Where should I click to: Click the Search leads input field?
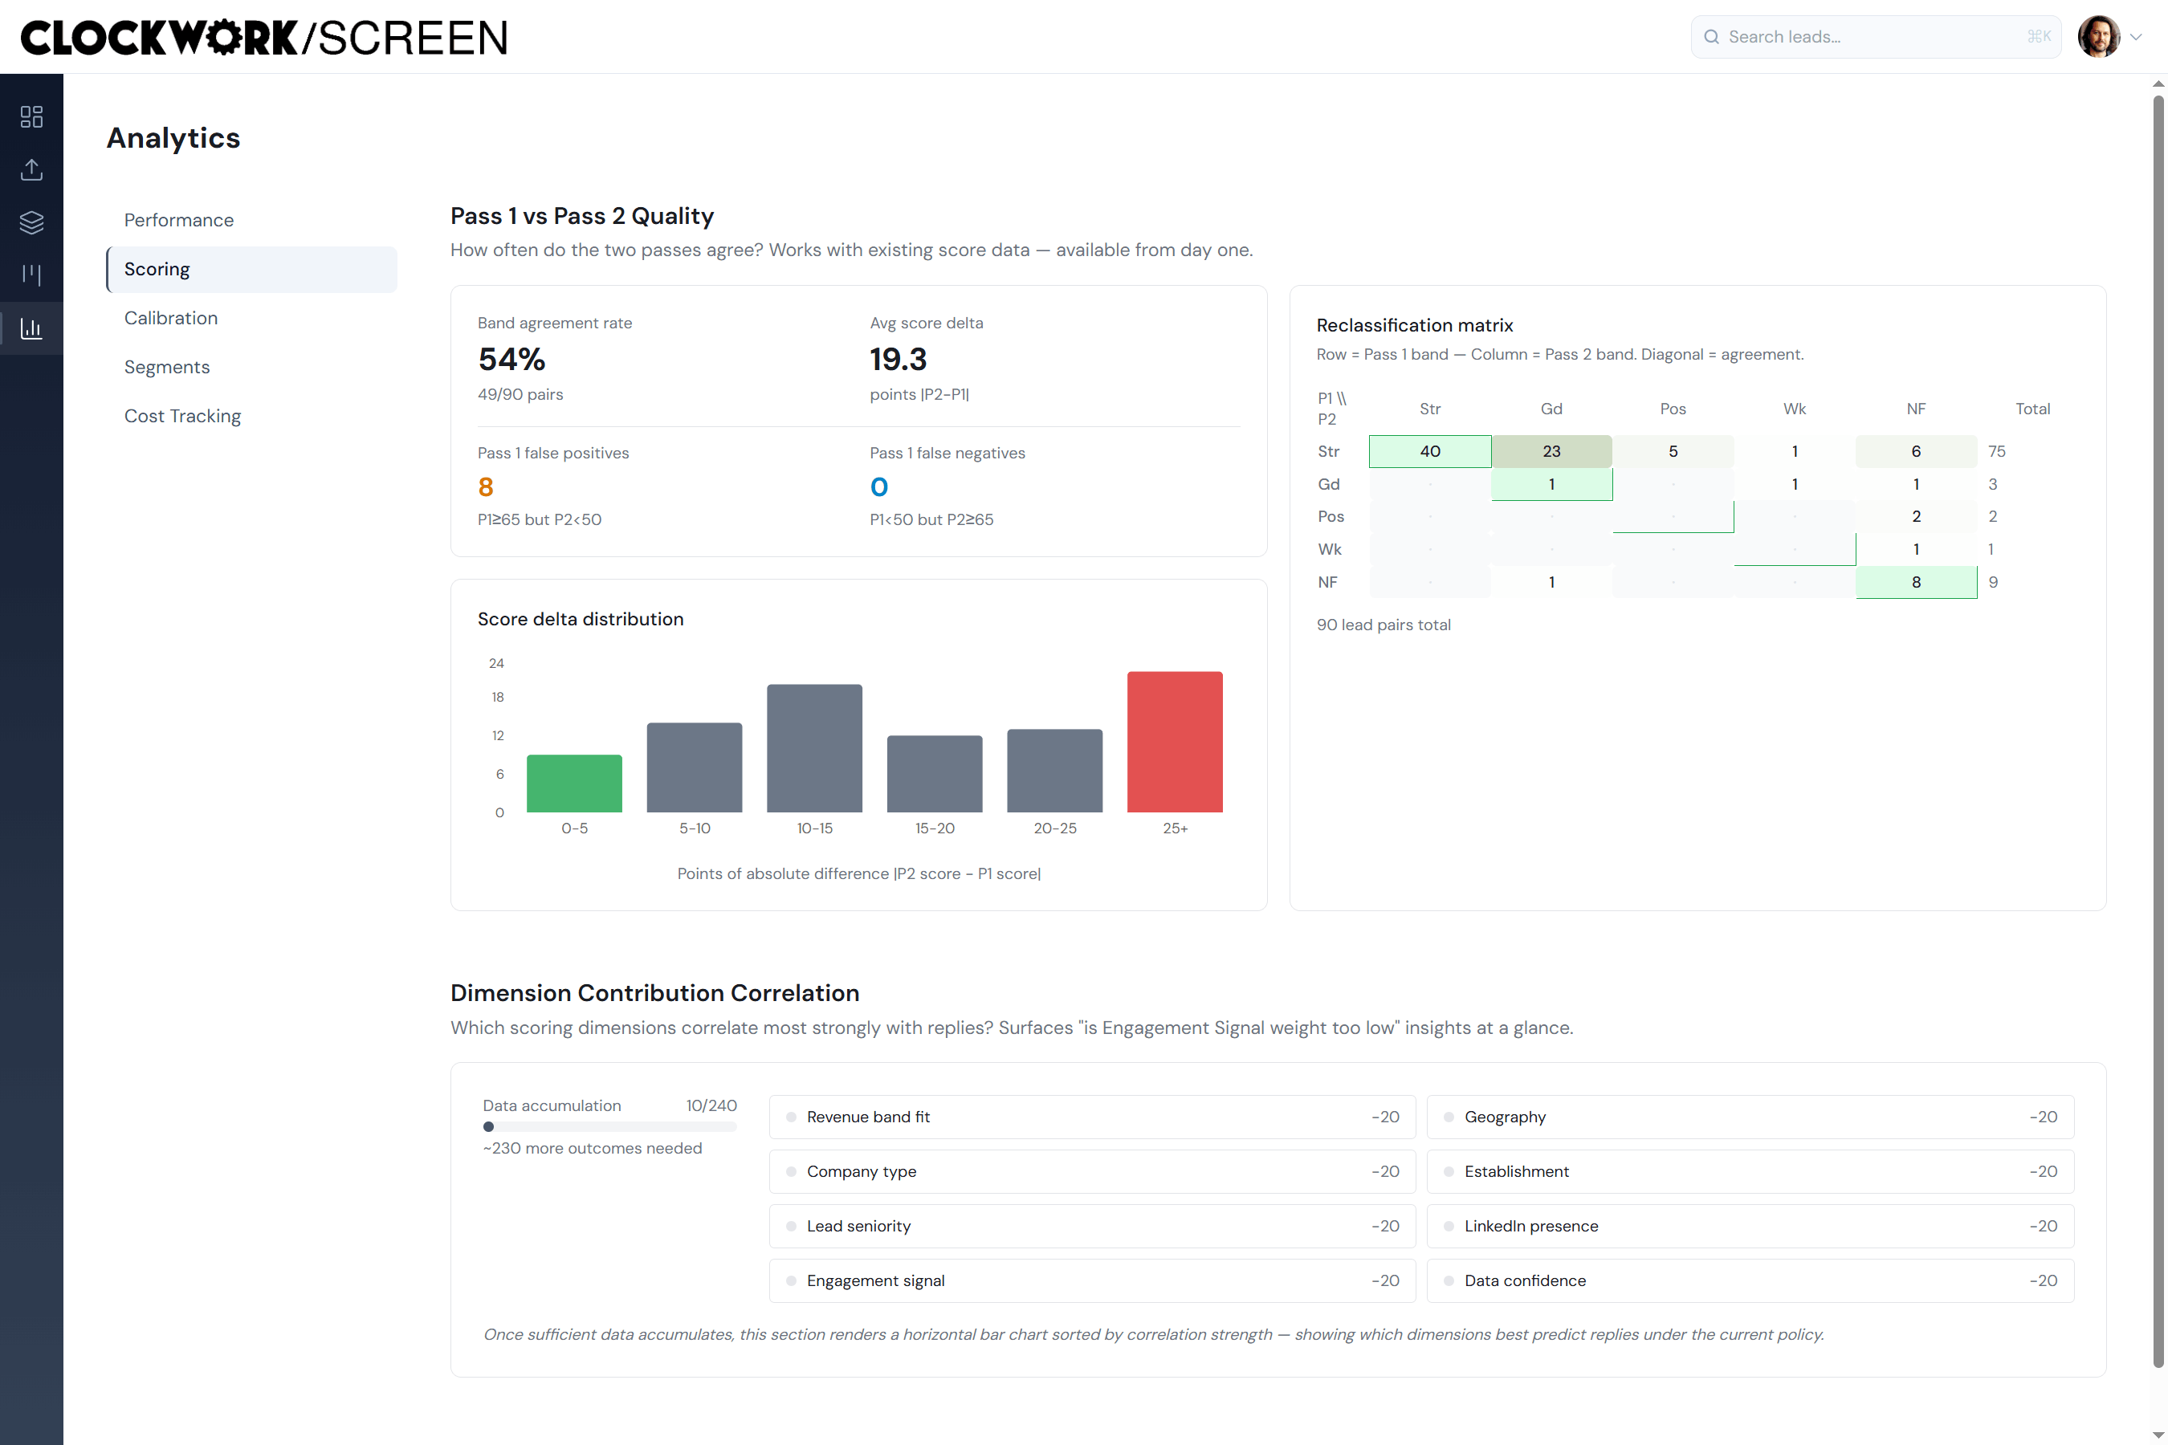[1875, 37]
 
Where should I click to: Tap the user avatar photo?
[2099, 37]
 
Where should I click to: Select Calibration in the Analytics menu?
[172, 318]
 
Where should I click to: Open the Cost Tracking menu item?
[182, 416]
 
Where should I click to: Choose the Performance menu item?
[179, 220]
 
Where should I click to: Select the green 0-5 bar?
[574, 784]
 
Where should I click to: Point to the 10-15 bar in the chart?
[815, 748]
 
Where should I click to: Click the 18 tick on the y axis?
[498, 697]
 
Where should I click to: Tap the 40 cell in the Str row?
[1429, 451]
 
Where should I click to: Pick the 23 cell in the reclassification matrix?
[1551, 451]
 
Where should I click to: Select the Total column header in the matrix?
[2032, 409]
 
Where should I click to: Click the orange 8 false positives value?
[486, 486]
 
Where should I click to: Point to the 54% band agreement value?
[511, 359]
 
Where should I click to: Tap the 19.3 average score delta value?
[898, 359]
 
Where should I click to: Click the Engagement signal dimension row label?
[876, 1280]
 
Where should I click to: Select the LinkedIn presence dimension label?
[1531, 1226]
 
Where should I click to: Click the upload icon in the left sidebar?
[31, 169]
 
